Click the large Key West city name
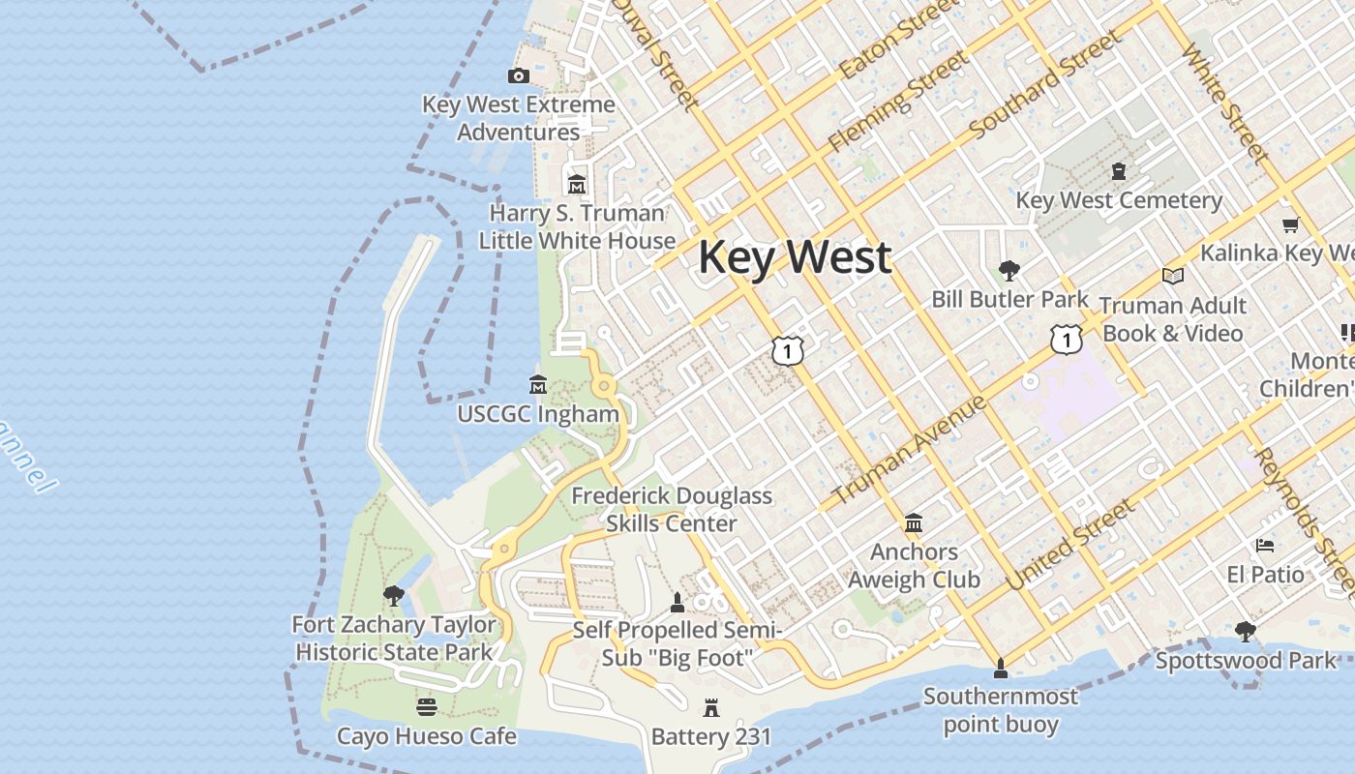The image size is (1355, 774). (795, 257)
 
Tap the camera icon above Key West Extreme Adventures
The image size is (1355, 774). (519, 75)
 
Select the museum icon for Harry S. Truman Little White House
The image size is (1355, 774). (577, 184)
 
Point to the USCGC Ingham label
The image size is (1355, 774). (538, 414)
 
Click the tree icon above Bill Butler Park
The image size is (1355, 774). (1009, 270)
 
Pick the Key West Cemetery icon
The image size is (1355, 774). (1119, 171)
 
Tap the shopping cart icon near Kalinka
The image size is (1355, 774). (1290, 225)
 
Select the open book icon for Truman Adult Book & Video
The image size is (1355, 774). (1173, 277)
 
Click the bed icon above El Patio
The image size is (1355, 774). (1265, 546)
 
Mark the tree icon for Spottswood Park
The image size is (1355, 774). (1246, 632)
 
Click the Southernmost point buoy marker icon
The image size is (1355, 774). (1000, 668)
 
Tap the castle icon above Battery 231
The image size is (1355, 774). (711, 708)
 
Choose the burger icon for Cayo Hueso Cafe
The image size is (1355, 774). (426, 707)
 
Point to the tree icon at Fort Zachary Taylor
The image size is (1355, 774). (393, 595)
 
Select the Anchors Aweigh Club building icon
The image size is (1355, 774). (914, 523)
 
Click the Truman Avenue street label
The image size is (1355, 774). (910, 449)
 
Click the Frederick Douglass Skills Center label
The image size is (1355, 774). (672, 509)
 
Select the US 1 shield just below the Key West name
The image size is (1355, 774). (788, 350)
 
